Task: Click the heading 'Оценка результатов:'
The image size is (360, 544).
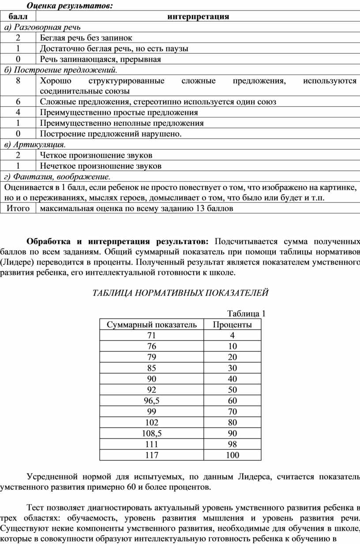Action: tap(69, 6)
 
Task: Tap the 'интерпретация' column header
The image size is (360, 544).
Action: tap(198, 17)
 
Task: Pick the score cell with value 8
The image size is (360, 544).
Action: tap(18, 81)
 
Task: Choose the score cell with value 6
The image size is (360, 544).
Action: tap(18, 102)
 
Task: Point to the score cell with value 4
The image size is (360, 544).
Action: tap(18, 113)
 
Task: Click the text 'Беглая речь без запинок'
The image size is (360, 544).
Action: tap(86, 38)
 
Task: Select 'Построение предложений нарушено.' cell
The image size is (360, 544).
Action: tap(111, 134)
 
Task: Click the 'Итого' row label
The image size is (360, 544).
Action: tap(18, 208)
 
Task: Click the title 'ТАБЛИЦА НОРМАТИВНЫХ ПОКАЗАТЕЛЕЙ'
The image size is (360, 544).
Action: tap(180, 293)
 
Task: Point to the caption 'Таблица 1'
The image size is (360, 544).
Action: tap(246, 314)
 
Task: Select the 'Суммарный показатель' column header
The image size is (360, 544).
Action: tap(152, 325)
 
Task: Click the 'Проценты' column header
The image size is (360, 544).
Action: tap(232, 325)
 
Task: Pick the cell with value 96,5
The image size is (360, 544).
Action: tap(152, 401)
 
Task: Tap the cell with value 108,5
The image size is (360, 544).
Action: tap(152, 433)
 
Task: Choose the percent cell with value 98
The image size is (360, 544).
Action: tap(232, 444)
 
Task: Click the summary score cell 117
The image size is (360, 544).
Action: tap(152, 455)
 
